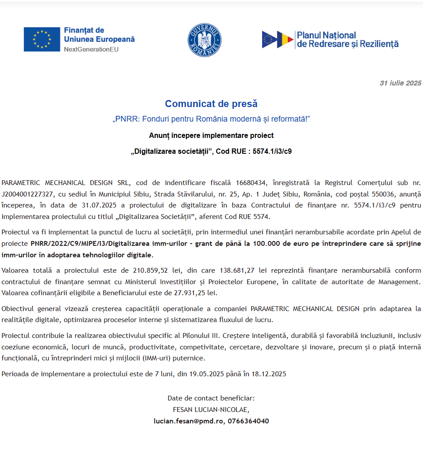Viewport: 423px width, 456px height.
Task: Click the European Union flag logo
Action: tap(42, 39)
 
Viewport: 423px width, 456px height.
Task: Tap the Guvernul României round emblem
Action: tap(204, 40)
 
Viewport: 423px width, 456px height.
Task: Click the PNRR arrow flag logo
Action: tap(278, 40)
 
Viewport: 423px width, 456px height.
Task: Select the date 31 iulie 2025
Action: tap(401, 83)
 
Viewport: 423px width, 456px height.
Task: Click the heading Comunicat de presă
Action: tap(211, 104)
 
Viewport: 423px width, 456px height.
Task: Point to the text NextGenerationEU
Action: tap(91, 49)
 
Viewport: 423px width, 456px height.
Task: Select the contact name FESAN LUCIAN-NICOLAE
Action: tap(211, 409)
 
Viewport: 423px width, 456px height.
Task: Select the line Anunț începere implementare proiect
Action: tap(211, 135)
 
